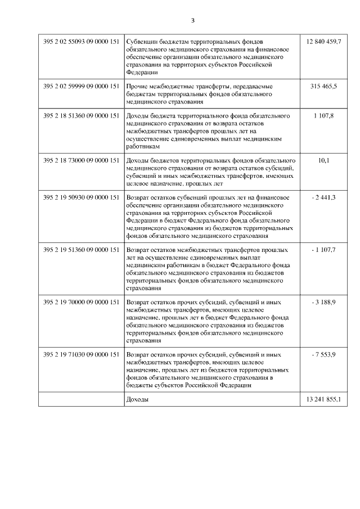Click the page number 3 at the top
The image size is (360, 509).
(192, 20)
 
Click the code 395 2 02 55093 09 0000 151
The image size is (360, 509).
(81, 42)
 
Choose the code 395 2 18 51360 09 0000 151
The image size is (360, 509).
(81, 115)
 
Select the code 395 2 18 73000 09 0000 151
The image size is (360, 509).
(81, 160)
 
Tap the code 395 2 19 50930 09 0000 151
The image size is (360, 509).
(81, 197)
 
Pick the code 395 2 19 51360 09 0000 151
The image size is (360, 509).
(81, 249)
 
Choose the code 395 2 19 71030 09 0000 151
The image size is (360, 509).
(81, 355)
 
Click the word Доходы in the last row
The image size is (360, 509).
(138, 399)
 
